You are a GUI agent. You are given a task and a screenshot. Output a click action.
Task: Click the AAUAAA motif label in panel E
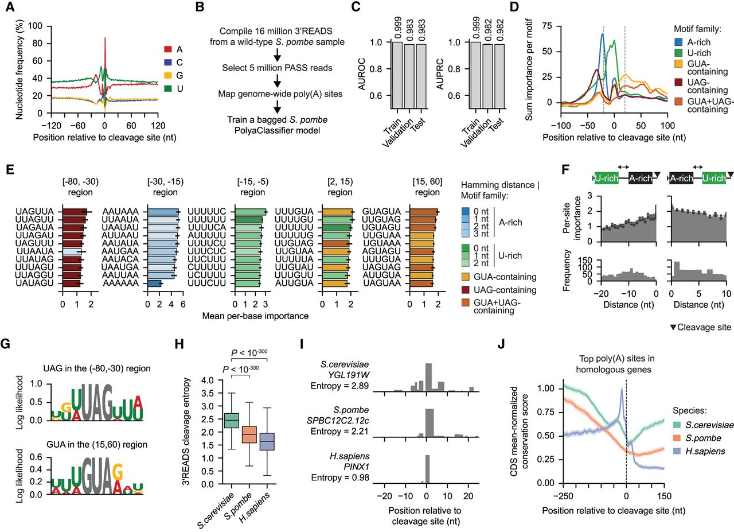(123, 211)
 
